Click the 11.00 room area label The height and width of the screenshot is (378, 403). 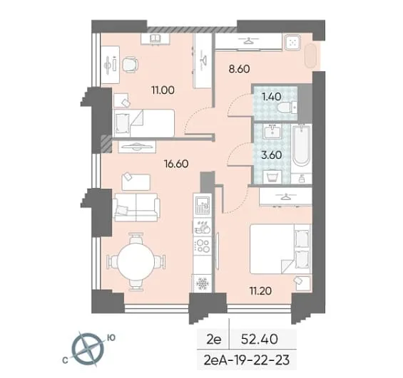pos(163,90)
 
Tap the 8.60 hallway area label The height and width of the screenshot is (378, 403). pos(239,69)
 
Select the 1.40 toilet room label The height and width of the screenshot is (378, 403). pos(271,97)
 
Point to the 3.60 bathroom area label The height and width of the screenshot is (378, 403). pos(272,155)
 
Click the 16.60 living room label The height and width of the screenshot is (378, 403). pos(176,164)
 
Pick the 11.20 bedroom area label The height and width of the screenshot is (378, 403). pos(260,291)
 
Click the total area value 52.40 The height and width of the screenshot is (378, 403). pos(260,340)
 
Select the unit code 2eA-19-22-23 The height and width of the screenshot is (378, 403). pos(247,359)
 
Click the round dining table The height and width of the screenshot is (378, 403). pos(136,261)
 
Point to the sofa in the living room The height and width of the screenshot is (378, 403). pos(136,207)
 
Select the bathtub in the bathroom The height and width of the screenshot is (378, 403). pos(301,145)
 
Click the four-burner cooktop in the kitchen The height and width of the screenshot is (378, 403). pos(203,245)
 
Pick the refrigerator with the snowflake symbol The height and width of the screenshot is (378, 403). pos(203,283)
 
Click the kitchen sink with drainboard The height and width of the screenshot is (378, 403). pos(203,205)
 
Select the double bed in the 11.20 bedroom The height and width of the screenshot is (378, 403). pos(280,248)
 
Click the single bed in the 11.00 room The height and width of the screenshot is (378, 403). pos(144,123)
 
